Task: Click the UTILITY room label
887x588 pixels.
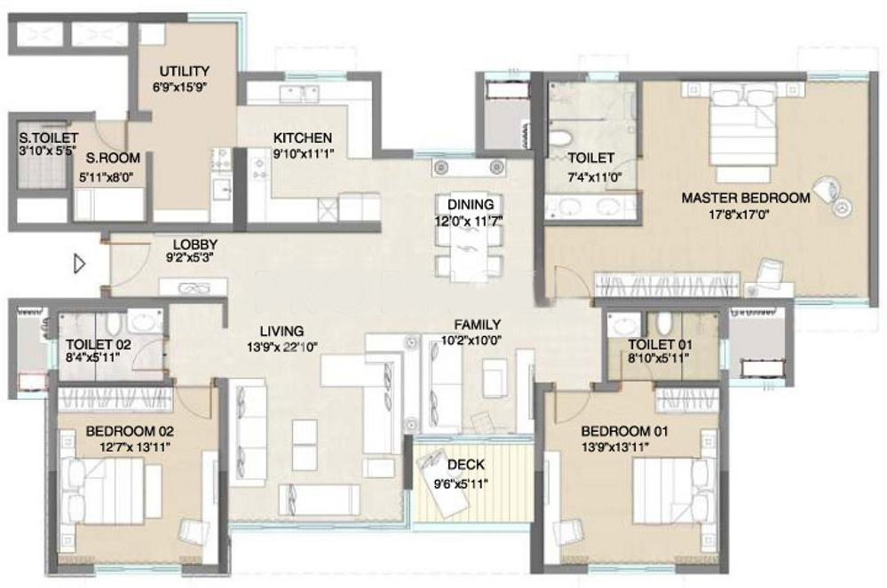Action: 184,71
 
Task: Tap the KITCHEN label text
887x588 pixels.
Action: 303,137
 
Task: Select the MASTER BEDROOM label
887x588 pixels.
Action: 746,199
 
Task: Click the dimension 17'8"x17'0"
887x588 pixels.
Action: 739,215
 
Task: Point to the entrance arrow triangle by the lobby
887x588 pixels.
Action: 79,263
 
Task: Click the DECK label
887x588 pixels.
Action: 465,465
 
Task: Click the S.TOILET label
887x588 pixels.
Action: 48,137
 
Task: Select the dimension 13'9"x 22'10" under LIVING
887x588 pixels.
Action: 282,348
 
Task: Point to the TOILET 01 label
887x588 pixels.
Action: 660,345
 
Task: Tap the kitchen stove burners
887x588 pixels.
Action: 259,169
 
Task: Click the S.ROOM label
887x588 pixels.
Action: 113,158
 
